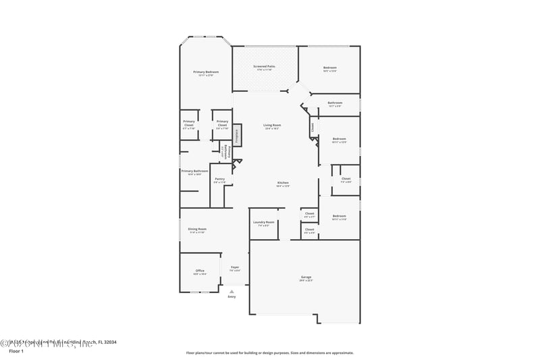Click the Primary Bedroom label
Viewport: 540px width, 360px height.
206,72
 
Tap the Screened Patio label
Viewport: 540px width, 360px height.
264,66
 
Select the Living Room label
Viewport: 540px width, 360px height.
272,125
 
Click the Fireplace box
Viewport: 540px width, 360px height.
237,136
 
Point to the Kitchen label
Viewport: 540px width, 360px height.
283,183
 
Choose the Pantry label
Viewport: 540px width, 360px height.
220,179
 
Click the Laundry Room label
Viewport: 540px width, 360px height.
264,222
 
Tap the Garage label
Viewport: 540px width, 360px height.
306,277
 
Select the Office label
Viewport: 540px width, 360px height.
200,270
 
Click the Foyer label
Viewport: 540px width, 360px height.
235,267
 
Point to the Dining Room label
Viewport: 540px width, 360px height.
197,229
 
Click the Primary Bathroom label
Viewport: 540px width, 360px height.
194,171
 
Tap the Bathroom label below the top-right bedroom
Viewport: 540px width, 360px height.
335,103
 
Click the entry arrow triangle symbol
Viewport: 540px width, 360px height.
232,291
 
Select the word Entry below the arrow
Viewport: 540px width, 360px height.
232,297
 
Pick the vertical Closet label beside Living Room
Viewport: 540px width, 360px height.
313,126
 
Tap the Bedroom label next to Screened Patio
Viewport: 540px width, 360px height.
329,67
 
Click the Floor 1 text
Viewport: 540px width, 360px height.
16,351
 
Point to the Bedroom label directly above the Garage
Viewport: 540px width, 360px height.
339,215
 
